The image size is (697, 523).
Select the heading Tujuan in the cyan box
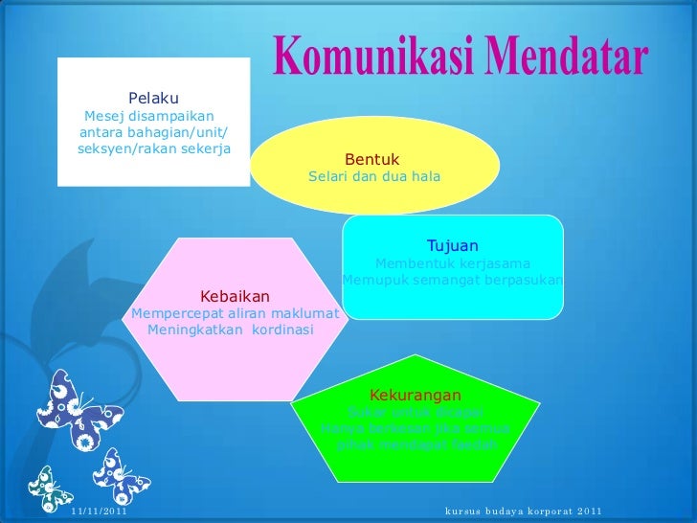452,246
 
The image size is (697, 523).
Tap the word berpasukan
520,281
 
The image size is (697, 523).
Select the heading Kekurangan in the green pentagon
415,396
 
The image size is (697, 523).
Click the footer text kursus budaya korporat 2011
524,510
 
